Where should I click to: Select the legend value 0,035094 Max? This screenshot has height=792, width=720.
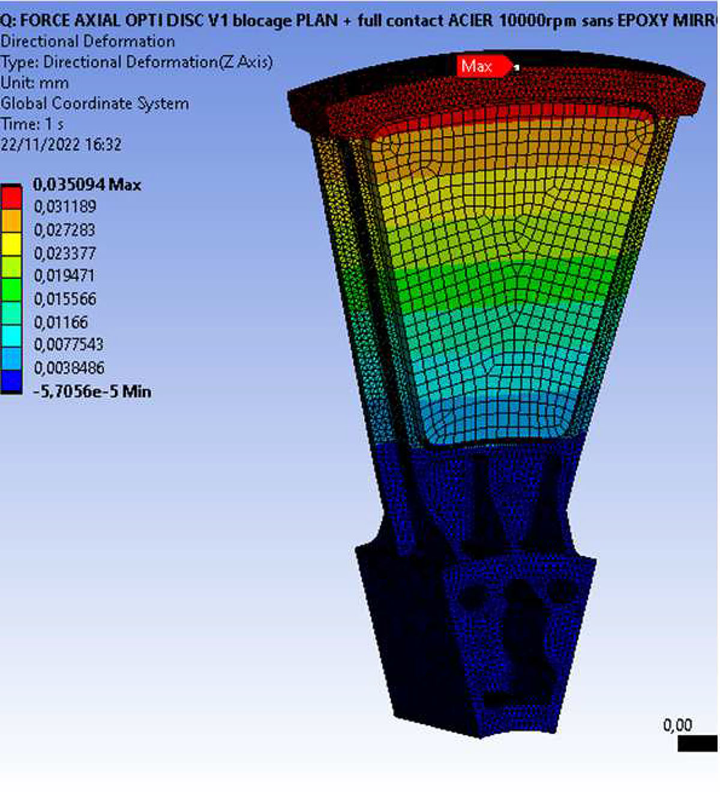pos(87,184)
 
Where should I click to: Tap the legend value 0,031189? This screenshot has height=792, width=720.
pos(65,206)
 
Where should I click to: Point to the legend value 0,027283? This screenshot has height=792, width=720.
pos(65,230)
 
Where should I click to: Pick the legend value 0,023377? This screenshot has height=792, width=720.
pos(65,253)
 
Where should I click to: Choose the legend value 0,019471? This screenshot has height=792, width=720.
pos(65,275)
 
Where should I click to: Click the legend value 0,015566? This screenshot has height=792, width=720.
pos(65,299)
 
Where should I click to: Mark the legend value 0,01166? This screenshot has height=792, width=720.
pos(61,322)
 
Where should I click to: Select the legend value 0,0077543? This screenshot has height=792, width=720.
pos(69,344)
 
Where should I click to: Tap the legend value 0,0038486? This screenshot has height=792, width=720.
pos(70,368)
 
